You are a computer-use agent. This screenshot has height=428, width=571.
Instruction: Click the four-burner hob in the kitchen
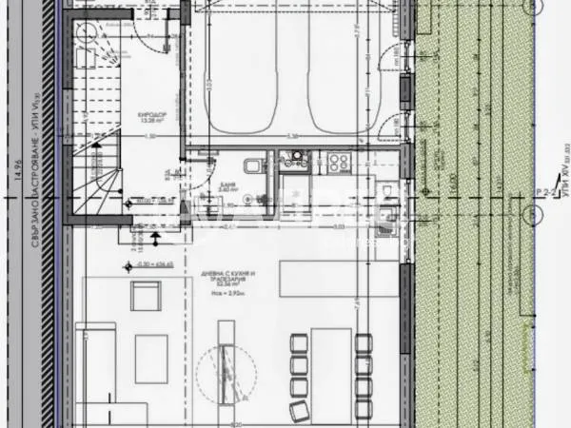click(x=339, y=162)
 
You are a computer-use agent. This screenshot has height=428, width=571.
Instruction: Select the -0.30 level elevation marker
click(x=145, y=263)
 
